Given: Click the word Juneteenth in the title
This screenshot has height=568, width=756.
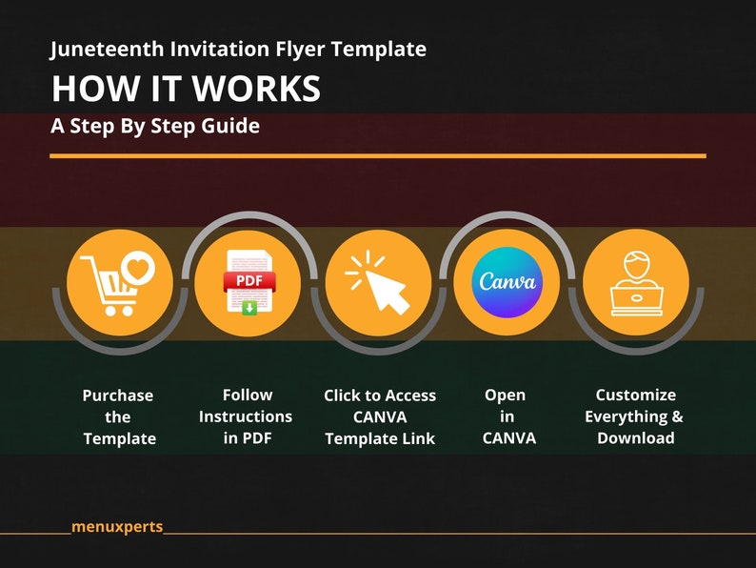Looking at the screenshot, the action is coord(107,50).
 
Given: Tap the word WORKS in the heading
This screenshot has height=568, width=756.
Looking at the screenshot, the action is coord(256,89).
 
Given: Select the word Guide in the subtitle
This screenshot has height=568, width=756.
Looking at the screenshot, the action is coord(230,126).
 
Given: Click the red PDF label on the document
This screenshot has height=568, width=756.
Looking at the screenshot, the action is coord(249,281).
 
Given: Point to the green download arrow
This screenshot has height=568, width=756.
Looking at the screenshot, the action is coord(249,308).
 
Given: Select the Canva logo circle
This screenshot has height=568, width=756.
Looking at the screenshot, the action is coord(507,282).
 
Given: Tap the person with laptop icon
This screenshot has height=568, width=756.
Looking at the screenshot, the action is coord(636,284).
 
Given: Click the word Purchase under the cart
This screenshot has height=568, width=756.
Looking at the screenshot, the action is coord(118,396).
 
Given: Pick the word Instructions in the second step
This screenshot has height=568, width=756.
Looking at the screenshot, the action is coord(246,416).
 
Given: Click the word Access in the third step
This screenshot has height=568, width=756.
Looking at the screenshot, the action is coord(410,396).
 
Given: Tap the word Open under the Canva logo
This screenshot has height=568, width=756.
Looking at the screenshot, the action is coord(506,396).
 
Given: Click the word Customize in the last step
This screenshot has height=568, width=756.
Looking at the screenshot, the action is coord(635,395).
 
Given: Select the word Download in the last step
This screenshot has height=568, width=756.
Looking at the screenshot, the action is coord(636,438).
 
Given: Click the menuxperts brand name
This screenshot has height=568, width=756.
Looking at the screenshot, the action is coord(117,527).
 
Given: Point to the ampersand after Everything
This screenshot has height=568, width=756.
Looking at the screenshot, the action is coord(677,416).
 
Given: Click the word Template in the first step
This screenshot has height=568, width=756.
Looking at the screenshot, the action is coord(120,439).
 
